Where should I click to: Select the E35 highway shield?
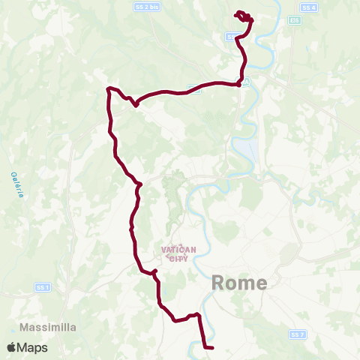pyautogui.click(x=296, y=20)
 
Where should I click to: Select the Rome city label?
pyautogui.click(x=239, y=283)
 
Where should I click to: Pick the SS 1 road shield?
pyautogui.click(x=42, y=287)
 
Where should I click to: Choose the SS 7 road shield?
pyautogui.click(x=298, y=333)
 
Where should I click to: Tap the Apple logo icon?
pyautogui.click(x=13, y=348)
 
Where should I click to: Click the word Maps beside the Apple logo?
pyautogui.click(x=33, y=348)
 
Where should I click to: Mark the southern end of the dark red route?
pyautogui.click(x=212, y=348)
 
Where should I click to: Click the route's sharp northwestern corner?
pyautogui.click(x=109, y=88)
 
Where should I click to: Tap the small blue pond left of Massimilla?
pyautogui.click(x=13, y=328)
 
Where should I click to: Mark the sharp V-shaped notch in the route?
pyautogui.click(x=135, y=104)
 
